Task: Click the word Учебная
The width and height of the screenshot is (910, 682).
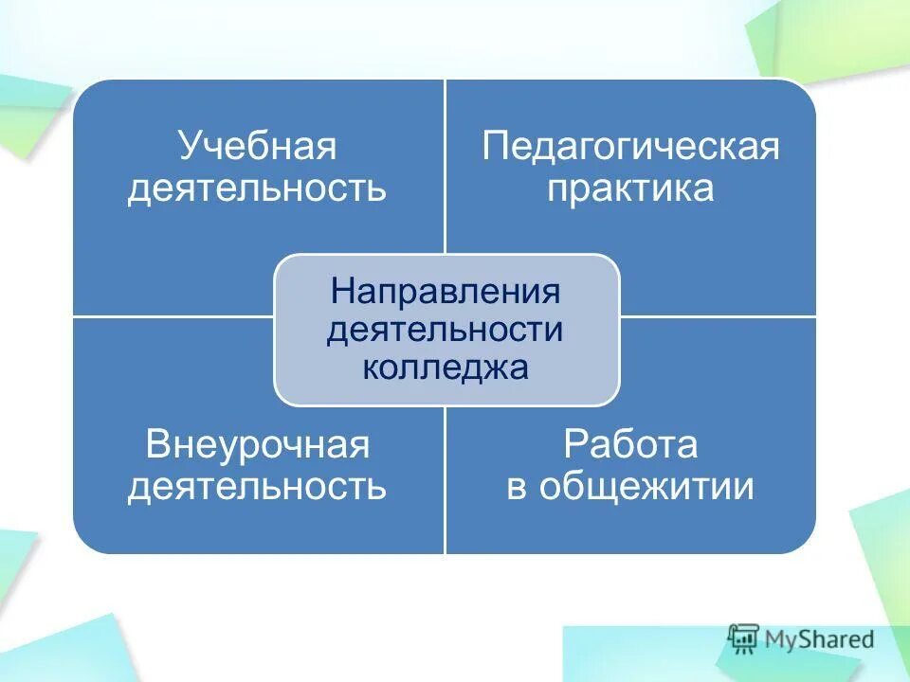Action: point(257,148)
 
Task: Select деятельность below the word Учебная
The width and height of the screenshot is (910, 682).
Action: point(257,188)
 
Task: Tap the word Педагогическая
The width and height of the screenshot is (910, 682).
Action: point(630,148)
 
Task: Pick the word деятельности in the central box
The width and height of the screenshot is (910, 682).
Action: point(446,330)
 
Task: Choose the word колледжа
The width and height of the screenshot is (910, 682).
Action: point(446,367)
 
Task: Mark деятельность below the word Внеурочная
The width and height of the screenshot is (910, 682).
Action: point(257,486)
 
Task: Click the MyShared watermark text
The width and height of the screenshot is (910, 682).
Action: point(819,639)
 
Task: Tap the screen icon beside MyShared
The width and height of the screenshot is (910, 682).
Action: point(744,637)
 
